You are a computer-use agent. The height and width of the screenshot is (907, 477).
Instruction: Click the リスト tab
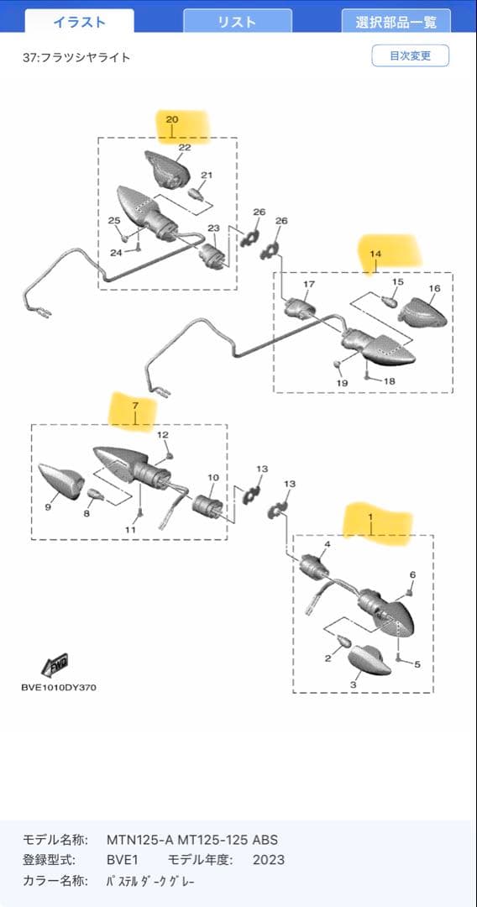point(237,22)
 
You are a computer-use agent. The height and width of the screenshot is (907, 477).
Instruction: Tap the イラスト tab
point(80,22)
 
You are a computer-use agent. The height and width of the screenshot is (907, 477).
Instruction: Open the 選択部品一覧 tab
point(396,22)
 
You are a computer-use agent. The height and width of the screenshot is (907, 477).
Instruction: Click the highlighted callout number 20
point(172,119)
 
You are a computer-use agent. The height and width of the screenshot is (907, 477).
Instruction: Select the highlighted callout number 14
point(376,254)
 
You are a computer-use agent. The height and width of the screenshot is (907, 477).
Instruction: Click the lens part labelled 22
point(168,168)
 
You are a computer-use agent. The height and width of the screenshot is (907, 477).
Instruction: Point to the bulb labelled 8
point(94,495)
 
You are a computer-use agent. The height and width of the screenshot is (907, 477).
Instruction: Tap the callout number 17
point(309,284)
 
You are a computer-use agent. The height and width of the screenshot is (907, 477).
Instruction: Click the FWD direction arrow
point(55,664)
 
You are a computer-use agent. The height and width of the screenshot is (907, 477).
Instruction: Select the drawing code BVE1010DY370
point(59,688)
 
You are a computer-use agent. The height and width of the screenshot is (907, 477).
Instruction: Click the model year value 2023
point(268,860)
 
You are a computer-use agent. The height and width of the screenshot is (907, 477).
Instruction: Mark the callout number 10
point(213,477)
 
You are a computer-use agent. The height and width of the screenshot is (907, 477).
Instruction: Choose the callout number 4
point(328,544)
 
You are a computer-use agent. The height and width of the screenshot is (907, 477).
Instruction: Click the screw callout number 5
point(417,663)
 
